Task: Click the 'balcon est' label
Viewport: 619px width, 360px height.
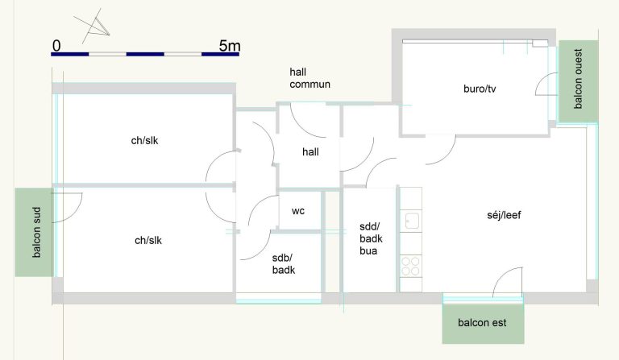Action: tap(482, 322)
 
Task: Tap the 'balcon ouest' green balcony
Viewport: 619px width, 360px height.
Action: tap(579, 81)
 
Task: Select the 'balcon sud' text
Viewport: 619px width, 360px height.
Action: tap(36, 232)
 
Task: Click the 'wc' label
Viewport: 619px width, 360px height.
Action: tap(298, 211)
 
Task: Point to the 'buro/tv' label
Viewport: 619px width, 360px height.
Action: tap(480, 89)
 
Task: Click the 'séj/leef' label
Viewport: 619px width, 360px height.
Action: tap(504, 215)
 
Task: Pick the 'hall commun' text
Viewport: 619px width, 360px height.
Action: tap(309, 78)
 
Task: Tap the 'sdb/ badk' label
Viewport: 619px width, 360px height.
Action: tap(284, 264)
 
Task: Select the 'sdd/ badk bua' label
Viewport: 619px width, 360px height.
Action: tap(371, 238)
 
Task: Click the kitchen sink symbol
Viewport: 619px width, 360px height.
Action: tap(412, 221)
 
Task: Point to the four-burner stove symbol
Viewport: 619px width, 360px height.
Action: tap(410, 266)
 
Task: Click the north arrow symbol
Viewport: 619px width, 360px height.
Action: tap(93, 26)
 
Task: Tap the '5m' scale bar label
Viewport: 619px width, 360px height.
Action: tap(230, 46)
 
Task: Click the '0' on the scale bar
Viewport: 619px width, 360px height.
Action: tap(56, 46)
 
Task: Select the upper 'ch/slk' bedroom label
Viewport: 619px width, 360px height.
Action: tap(144, 140)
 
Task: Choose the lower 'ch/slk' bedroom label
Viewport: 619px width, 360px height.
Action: tap(148, 240)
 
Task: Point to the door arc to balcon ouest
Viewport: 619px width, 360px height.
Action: tap(539, 81)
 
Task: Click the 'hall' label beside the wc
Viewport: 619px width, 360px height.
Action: tap(310, 151)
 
